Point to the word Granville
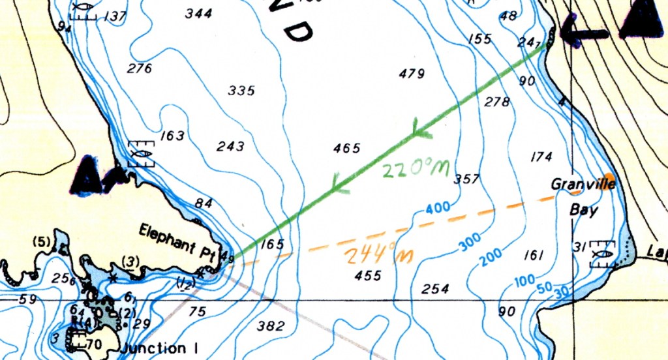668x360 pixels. point(574,184)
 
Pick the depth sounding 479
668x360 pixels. point(412,74)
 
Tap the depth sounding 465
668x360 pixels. point(346,149)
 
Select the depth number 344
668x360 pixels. point(198,13)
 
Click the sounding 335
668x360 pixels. point(241,91)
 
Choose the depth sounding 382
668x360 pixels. point(271,326)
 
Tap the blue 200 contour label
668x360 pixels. point(493,258)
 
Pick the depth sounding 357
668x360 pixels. point(466,179)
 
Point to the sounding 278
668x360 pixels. point(497,102)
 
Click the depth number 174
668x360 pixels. point(541,157)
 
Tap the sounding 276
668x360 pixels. point(140,68)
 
